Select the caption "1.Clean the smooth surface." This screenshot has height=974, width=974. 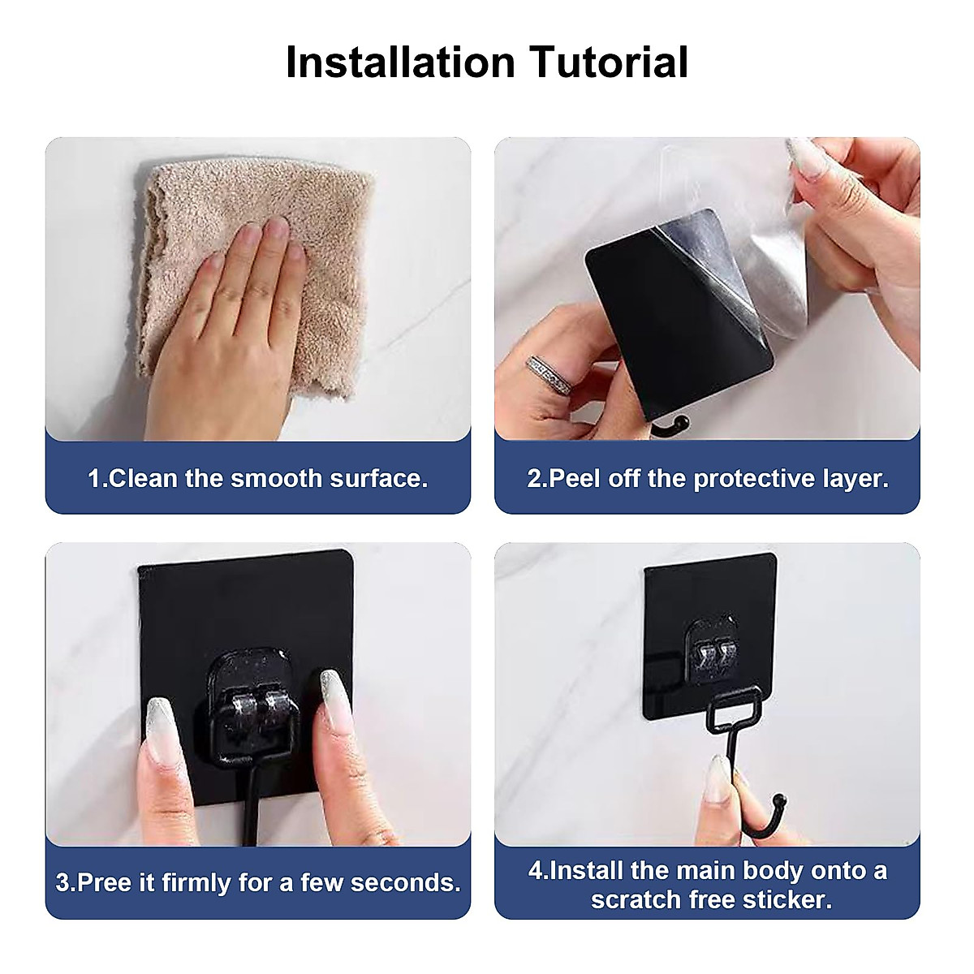[x=257, y=478]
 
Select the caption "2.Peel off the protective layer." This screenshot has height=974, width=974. [x=708, y=478]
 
